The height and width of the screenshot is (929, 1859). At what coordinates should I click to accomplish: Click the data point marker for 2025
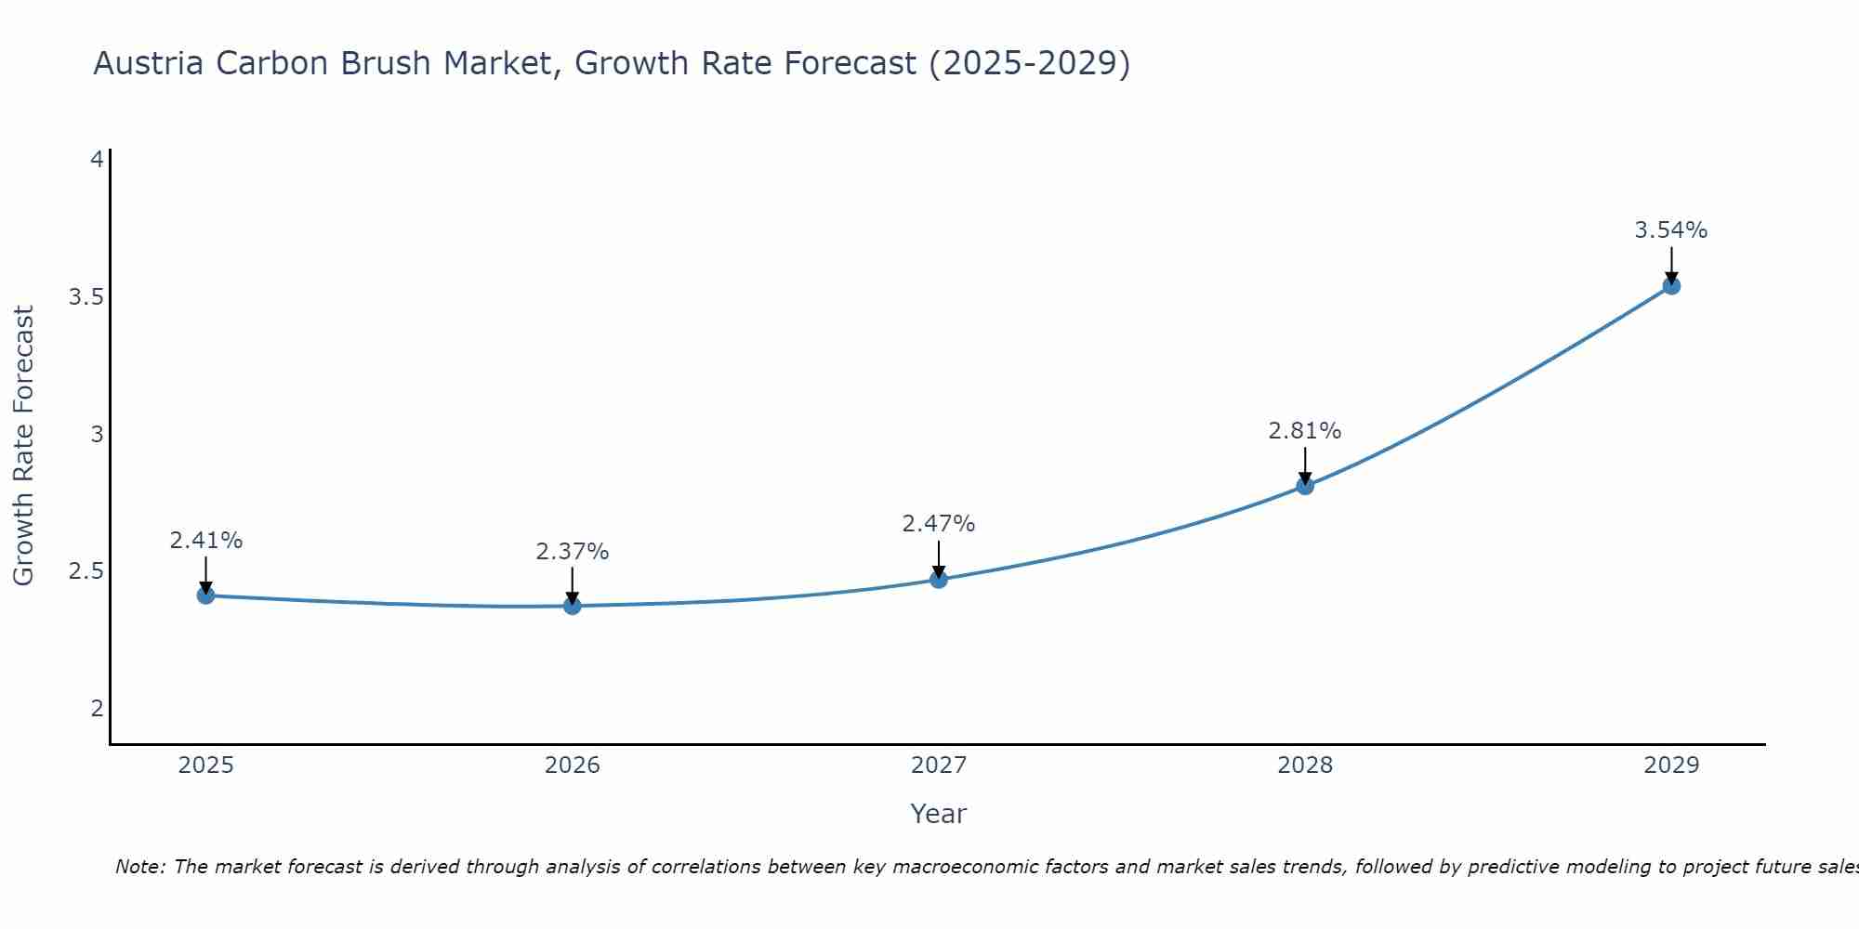(206, 595)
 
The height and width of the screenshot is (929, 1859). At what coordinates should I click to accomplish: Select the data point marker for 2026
(573, 606)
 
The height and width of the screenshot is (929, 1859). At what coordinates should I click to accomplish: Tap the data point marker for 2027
(939, 580)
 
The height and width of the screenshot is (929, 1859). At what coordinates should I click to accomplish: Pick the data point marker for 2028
(1305, 486)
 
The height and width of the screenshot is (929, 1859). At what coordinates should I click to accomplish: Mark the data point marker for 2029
(1671, 286)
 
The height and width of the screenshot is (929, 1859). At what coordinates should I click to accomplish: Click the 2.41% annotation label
(206, 541)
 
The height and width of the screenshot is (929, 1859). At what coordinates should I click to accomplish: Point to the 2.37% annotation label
(573, 552)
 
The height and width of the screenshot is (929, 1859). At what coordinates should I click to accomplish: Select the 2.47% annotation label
(939, 524)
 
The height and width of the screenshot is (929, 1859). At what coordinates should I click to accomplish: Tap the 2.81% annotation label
(1305, 431)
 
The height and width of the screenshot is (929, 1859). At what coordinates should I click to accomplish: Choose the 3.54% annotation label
(1671, 230)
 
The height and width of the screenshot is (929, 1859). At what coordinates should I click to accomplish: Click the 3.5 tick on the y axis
(86, 297)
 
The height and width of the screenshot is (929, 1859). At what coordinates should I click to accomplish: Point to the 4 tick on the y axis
(97, 160)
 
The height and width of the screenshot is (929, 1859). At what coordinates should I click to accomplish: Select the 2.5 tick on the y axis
(86, 571)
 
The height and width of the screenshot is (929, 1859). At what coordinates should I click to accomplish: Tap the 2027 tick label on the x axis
(939, 765)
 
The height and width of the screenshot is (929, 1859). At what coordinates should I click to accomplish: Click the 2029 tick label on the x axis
(1671, 765)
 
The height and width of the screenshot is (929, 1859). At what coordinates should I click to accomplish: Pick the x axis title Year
(939, 814)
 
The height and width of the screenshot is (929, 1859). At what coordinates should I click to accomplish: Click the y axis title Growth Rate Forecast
(23, 446)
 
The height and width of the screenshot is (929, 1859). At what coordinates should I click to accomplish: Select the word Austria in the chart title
(149, 63)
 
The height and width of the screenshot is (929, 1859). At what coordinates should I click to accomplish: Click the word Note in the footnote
(139, 867)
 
